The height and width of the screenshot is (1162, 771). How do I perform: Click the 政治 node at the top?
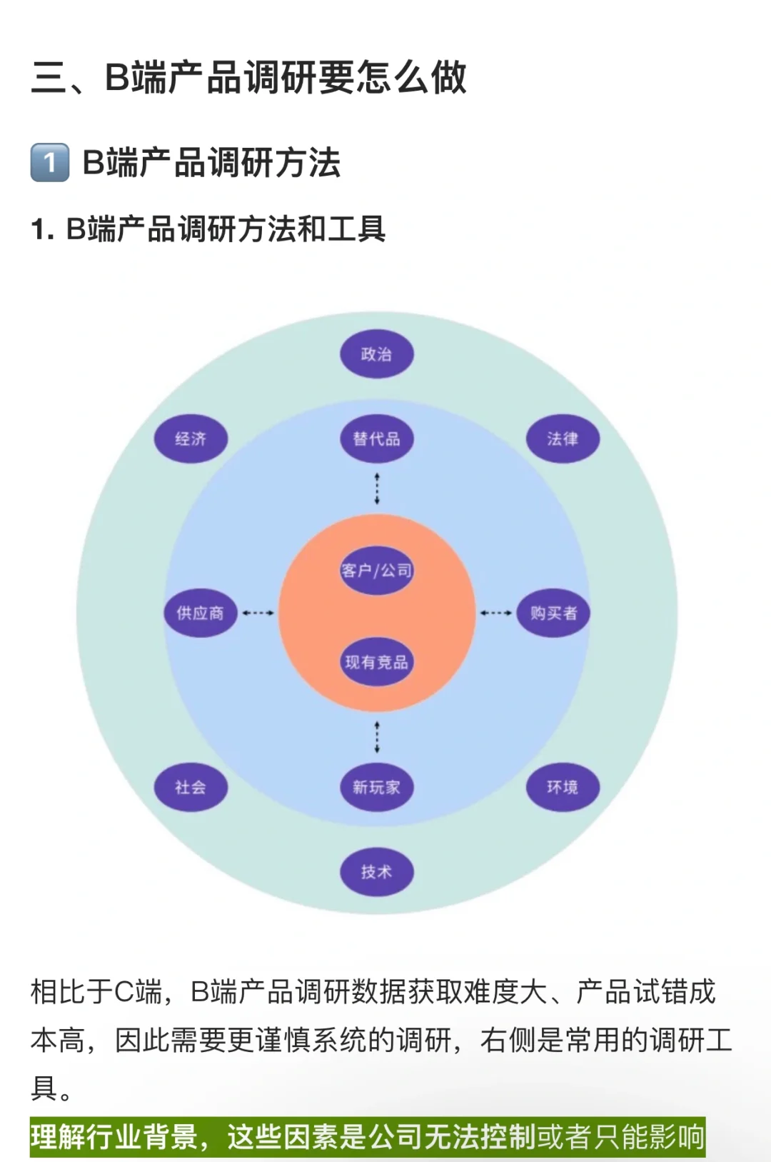tap(376, 354)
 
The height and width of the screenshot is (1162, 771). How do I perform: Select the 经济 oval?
tap(191, 439)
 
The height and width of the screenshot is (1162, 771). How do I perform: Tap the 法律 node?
tap(563, 439)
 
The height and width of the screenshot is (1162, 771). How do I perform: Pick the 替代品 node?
tap(376, 439)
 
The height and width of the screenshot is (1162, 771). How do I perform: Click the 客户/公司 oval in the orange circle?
tap(376, 570)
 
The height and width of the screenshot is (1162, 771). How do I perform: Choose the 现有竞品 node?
tap(376, 662)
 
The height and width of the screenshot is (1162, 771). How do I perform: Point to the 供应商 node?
tap(200, 613)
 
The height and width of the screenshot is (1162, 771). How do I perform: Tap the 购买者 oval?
tap(553, 613)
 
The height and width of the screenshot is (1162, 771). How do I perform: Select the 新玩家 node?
tap(376, 787)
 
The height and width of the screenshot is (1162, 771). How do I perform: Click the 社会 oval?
tap(191, 787)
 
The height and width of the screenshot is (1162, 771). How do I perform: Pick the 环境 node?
tap(563, 787)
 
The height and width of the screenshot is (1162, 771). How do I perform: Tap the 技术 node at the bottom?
tap(376, 871)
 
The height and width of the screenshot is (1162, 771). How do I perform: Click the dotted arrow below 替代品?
tap(377, 489)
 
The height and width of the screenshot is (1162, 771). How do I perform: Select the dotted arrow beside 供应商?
tap(258, 613)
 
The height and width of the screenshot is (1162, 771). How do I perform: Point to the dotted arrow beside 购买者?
tap(495, 613)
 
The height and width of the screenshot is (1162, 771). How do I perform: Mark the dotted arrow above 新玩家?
tap(377, 737)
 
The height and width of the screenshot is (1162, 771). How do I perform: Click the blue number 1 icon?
tap(50, 163)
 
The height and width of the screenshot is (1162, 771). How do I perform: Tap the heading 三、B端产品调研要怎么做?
tap(248, 77)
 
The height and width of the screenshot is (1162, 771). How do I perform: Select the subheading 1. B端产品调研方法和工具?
tap(208, 229)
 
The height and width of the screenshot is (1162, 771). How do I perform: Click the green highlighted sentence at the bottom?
tap(367, 1136)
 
